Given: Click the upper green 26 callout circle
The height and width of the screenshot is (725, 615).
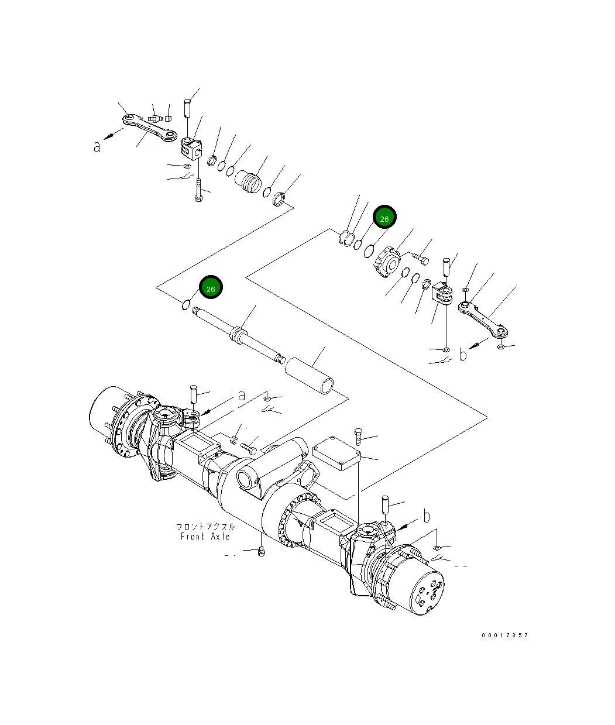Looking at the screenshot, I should coord(384,218).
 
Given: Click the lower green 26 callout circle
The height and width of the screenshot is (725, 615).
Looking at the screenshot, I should coord(211,288).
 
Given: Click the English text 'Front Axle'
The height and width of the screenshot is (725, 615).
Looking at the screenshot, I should coord(205,537).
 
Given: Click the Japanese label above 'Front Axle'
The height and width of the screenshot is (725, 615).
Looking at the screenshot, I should coord(205,527).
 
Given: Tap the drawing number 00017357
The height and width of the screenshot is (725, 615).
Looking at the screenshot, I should coord(505,635).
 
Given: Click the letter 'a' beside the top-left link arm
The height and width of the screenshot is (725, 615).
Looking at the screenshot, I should coord(97,146).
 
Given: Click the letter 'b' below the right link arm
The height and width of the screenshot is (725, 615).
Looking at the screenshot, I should coord(463,355).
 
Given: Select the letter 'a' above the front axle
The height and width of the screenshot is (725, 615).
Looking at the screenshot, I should coord(241,396).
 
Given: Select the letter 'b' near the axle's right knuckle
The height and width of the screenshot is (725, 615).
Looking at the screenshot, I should coord(427,516).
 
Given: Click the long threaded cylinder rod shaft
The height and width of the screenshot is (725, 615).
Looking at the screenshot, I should coord(237,335).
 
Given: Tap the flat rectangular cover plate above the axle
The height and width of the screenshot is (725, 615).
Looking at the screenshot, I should coord(336,455).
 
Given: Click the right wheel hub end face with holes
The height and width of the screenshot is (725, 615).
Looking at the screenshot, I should coord(427,591).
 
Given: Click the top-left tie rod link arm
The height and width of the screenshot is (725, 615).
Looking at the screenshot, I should coord(150,128).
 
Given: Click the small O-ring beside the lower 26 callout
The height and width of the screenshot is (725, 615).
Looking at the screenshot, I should coord(185,305).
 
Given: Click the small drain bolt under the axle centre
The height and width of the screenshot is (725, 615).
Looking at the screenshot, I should coord(261,550).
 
